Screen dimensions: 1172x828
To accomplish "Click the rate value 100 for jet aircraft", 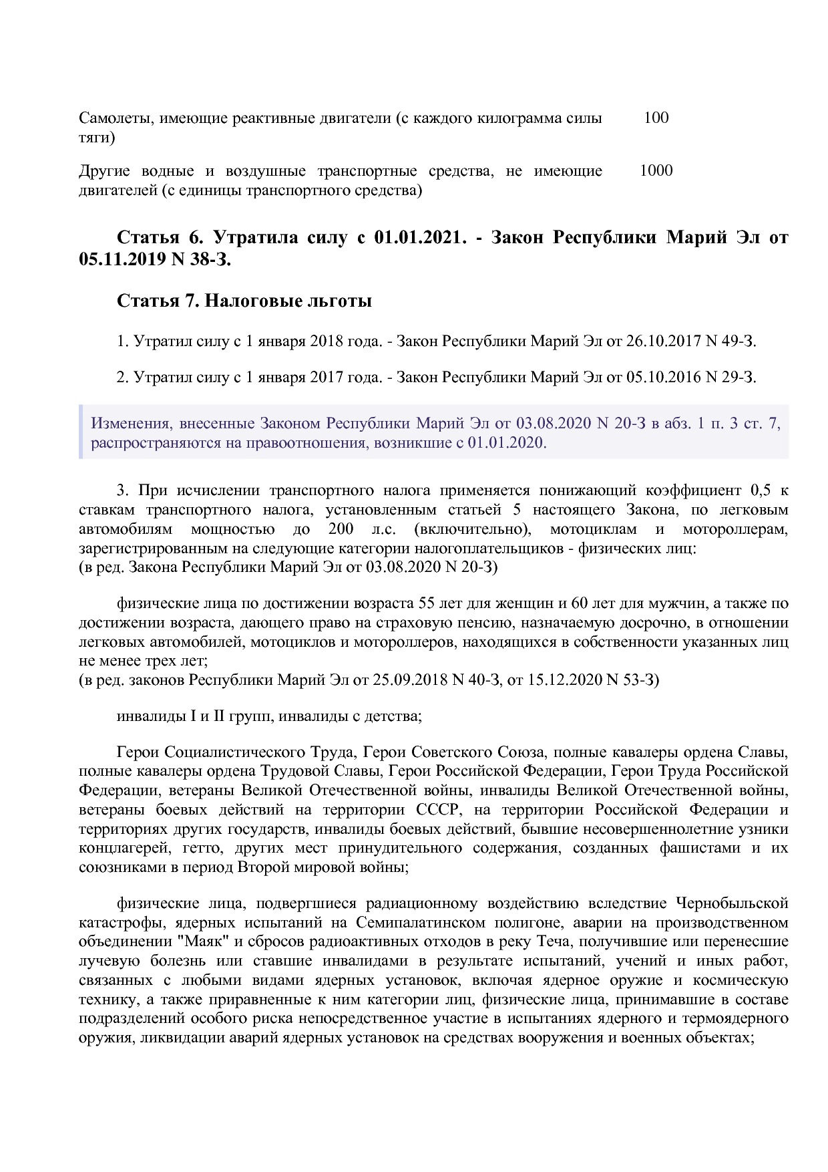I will pos(656,118).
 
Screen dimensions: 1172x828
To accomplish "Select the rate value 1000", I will pos(656,171).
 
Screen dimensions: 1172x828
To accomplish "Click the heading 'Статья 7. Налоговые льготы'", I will pos(244,301).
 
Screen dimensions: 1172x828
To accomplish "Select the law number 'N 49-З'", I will pos(729,341).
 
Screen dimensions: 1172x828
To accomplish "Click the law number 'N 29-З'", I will pos(729,378).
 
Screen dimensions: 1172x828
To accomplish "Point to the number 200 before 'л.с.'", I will pos(341,530).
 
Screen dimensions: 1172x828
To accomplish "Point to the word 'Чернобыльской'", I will pos(732,904).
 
